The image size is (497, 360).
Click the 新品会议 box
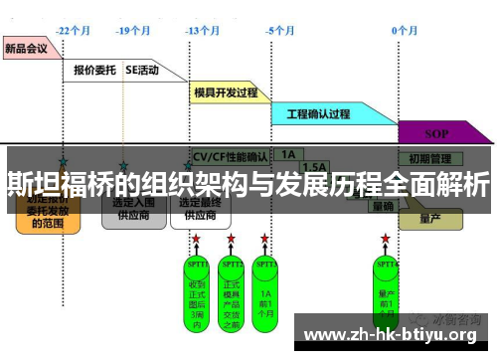pyautogui.click(x=27, y=47)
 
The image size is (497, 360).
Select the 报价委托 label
pyautogui.click(x=95, y=71)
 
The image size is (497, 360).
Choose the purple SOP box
pyautogui.click(x=436, y=133)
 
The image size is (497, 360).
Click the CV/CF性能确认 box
pyautogui.click(x=229, y=156)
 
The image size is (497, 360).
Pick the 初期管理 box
pyautogui.click(x=430, y=157)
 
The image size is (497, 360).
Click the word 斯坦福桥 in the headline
pyautogui.click(x=51, y=185)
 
